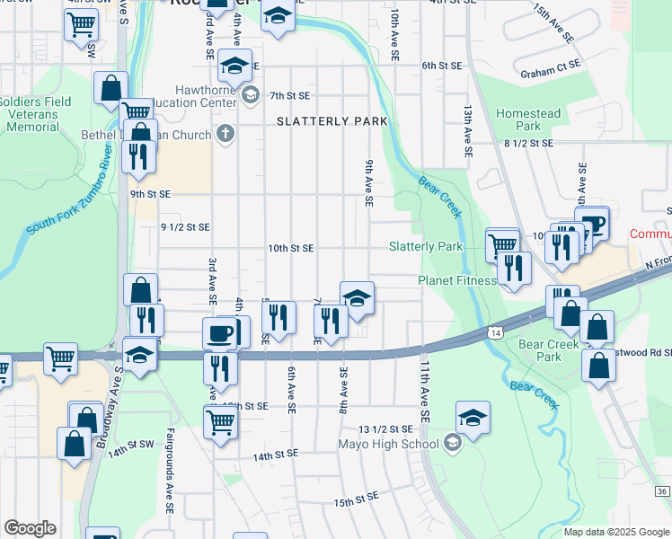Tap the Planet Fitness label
457,280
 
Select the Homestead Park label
528,120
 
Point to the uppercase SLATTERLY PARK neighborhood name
332,121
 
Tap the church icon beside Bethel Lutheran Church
225,135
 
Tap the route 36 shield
661,491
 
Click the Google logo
30,528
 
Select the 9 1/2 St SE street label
184,227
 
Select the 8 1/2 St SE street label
527,143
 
